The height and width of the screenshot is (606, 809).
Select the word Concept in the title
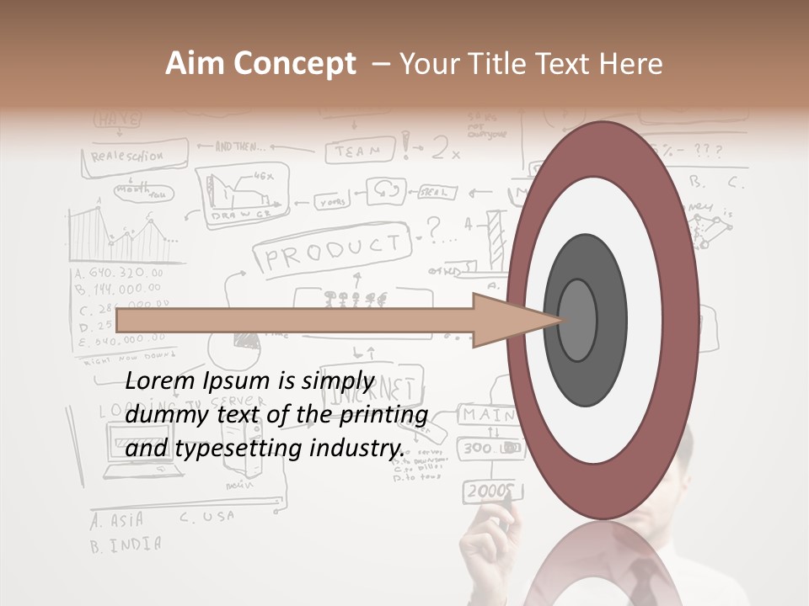pyautogui.click(x=295, y=65)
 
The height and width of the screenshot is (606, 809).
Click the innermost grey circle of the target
pyautogui.click(x=577, y=320)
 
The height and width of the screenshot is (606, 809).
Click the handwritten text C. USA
pyautogui.click(x=206, y=517)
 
